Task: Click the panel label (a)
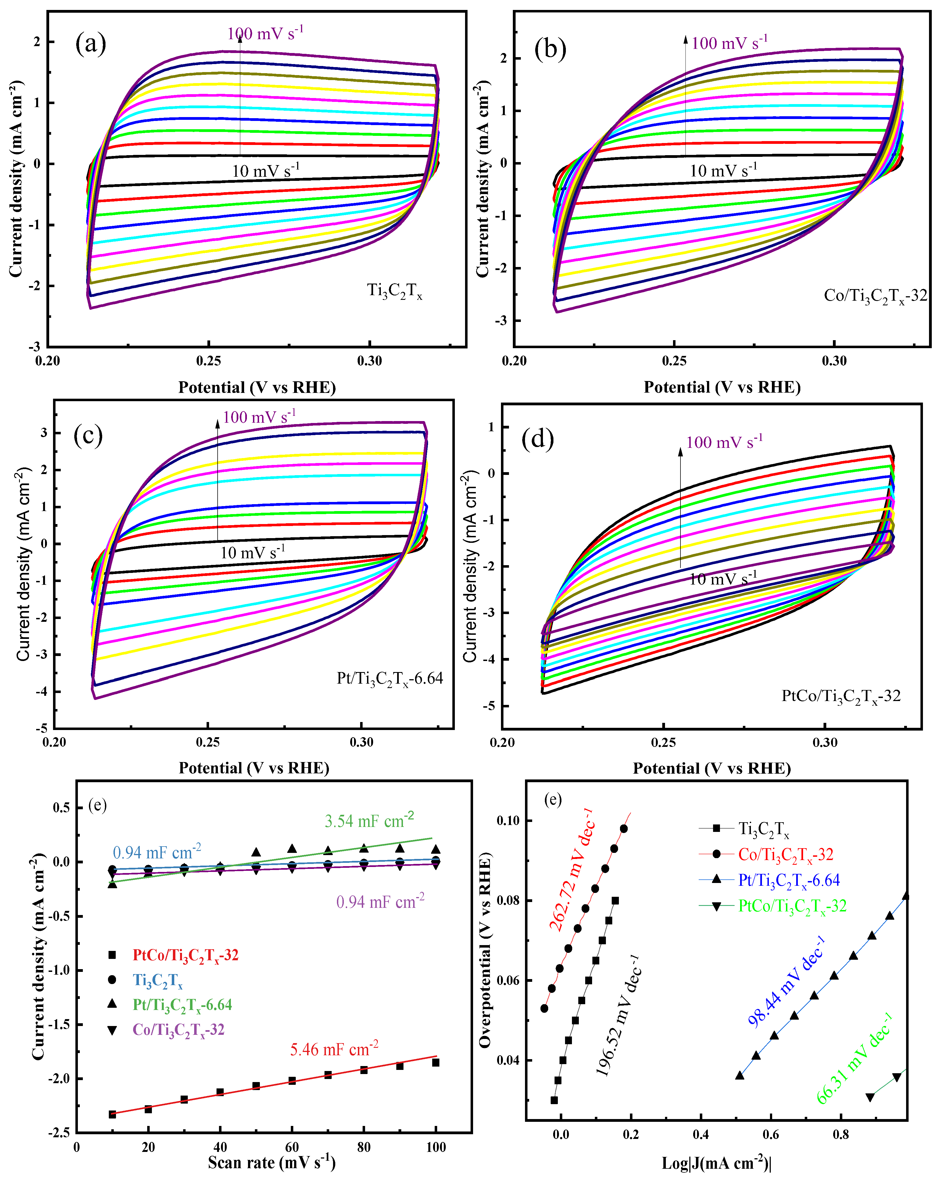(x=91, y=44)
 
